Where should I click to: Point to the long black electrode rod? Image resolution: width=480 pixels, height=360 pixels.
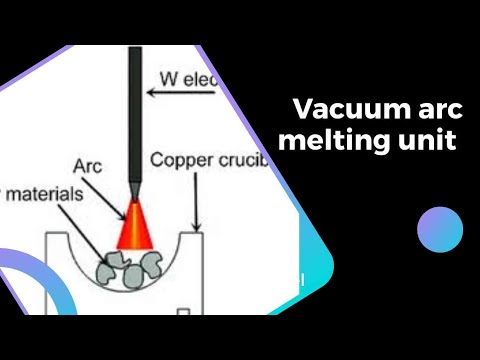pos(136,110)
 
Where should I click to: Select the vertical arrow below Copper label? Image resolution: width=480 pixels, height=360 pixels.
pos(197,201)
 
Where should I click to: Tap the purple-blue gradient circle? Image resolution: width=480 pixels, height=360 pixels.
pos(439,229)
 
